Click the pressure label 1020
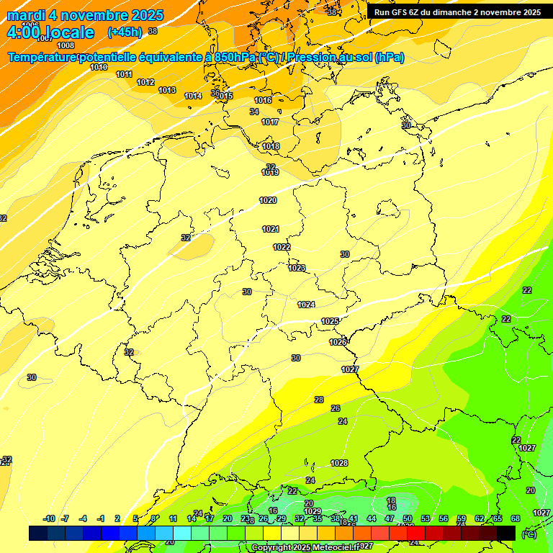(268, 200)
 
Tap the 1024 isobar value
(306, 305)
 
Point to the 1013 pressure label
(167, 90)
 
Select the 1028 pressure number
(339, 463)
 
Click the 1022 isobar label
(282, 247)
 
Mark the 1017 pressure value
(270, 122)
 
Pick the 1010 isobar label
(99, 67)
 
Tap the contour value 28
(319, 400)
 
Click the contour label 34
(254, 112)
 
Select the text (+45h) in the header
(124, 32)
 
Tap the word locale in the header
(69, 32)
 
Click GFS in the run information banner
(401, 12)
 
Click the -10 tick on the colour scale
(49, 518)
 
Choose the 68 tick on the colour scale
(516, 518)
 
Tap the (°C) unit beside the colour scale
(529, 534)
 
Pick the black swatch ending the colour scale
(506, 533)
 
